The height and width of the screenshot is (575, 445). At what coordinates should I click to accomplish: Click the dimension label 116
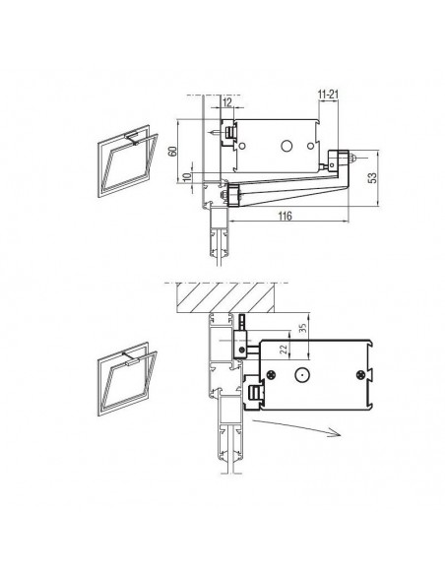(x=285, y=216)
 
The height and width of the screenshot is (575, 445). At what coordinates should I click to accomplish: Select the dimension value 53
(x=372, y=178)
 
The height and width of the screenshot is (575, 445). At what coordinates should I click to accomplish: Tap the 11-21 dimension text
(x=328, y=95)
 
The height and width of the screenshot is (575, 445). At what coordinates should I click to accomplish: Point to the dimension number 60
(x=172, y=151)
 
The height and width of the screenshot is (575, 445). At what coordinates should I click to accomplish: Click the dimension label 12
(x=227, y=102)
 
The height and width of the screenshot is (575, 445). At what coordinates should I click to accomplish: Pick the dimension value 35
(x=302, y=328)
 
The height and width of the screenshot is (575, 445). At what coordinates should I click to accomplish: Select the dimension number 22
(x=284, y=350)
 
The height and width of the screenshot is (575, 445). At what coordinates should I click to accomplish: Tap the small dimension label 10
(x=187, y=177)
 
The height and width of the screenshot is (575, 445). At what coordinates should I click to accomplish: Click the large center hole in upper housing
(x=286, y=146)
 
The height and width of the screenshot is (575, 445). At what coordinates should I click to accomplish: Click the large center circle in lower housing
(x=301, y=375)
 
